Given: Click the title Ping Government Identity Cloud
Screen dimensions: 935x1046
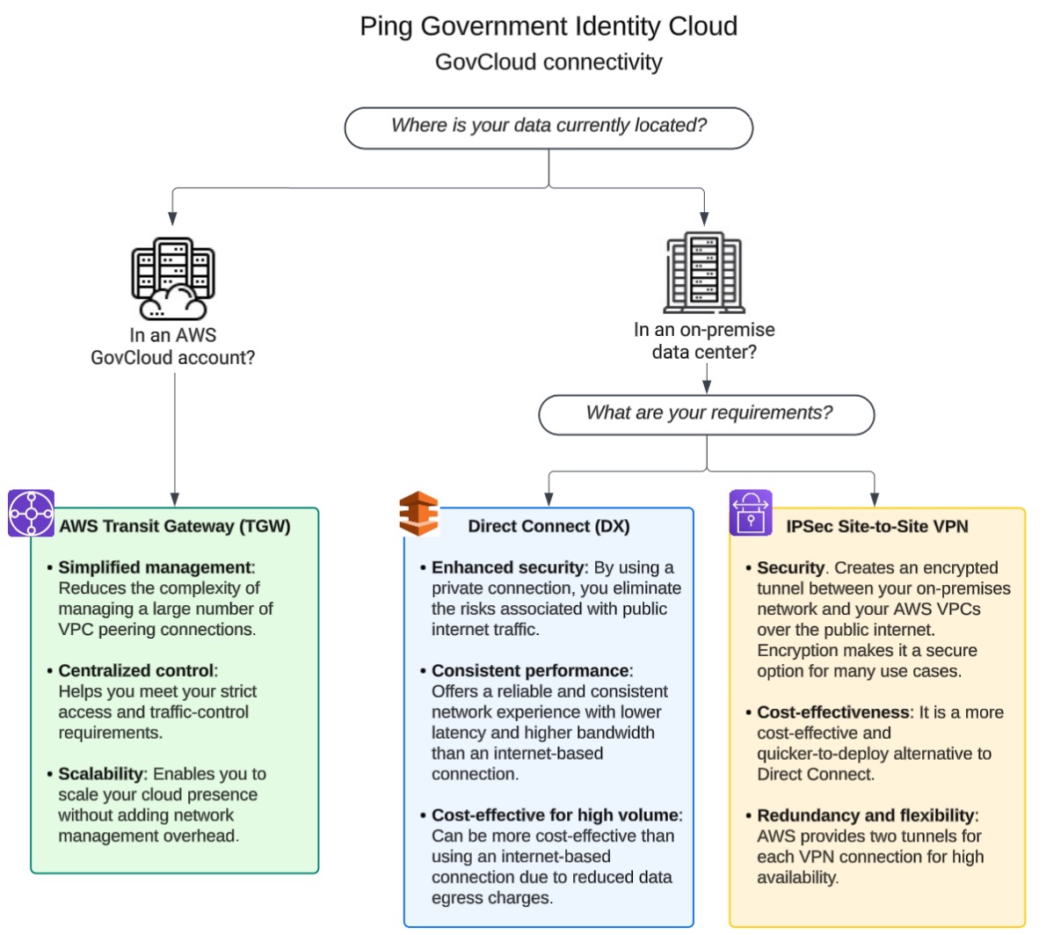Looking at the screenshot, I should (548, 26).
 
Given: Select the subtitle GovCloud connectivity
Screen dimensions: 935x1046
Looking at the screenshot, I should (548, 62).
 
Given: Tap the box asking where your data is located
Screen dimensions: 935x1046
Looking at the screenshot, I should (548, 127).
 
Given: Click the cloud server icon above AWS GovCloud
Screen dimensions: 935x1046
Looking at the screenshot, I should (173, 279).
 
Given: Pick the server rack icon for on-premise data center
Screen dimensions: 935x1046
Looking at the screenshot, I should (704, 274).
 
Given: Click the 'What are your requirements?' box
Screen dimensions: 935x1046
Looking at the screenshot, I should (707, 413).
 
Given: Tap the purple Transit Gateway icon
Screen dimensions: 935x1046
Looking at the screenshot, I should (32, 513).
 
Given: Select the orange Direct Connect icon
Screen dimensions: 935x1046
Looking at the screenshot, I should (418, 514).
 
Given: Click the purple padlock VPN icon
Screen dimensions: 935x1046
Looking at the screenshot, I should (751, 513).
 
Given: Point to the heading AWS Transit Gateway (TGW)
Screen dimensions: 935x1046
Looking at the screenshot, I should (174, 526).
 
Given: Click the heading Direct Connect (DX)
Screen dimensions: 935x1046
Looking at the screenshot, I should (548, 526).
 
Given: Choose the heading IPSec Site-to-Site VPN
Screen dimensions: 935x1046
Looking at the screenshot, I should (877, 526).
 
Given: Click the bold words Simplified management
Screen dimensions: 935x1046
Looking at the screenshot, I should (155, 567).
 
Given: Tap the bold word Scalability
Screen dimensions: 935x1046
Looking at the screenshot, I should (101, 774).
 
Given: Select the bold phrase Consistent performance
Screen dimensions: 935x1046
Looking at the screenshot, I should (530, 670).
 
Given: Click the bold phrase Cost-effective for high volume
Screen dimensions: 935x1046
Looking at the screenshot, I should (555, 815).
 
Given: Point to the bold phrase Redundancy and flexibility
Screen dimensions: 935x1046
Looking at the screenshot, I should (865, 815).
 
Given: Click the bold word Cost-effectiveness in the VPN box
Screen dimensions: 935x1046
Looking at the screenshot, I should (832, 712).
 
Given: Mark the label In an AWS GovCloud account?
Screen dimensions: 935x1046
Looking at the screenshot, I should (173, 347).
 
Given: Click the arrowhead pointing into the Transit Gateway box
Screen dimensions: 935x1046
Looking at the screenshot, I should (174, 499).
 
